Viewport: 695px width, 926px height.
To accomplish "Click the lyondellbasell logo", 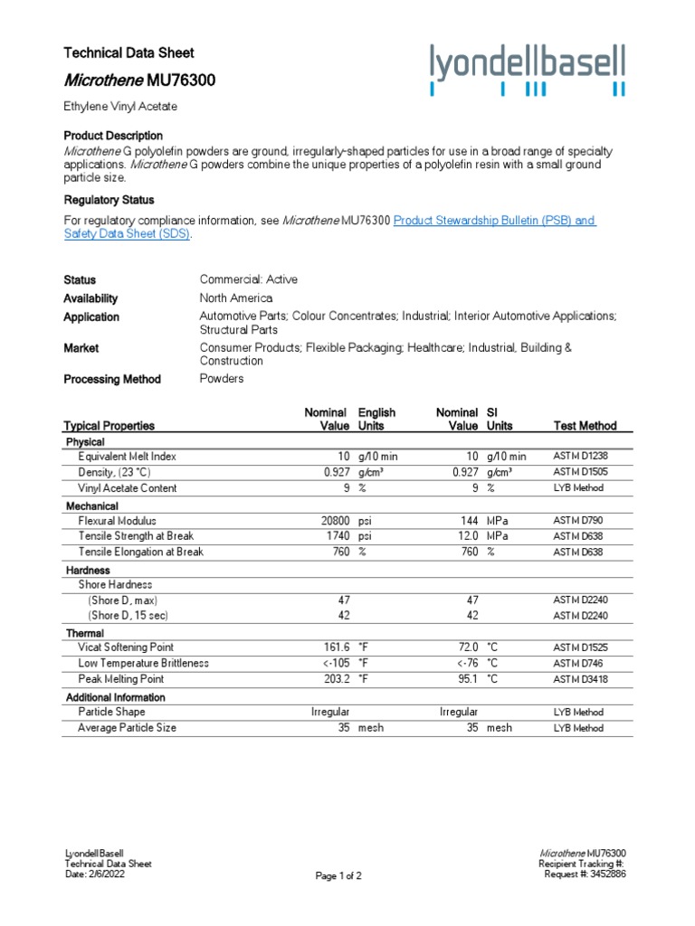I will coord(527,70).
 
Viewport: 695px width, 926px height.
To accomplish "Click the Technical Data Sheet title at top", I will coord(129,52).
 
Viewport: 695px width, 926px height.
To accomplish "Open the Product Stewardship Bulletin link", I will coord(495,221).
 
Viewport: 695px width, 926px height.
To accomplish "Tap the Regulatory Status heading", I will coord(109,200).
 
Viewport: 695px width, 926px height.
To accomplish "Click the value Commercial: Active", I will coord(248,279).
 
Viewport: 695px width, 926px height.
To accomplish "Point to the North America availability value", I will coord(235,298).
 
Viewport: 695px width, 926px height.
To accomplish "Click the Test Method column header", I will coord(585,425).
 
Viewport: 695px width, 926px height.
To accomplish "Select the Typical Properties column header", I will coord(109,425).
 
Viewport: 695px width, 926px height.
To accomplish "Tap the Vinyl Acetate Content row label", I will coord(127,488).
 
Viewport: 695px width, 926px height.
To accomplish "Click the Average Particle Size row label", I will coord(127,727).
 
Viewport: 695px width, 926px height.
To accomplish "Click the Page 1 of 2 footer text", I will coord(338,875).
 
